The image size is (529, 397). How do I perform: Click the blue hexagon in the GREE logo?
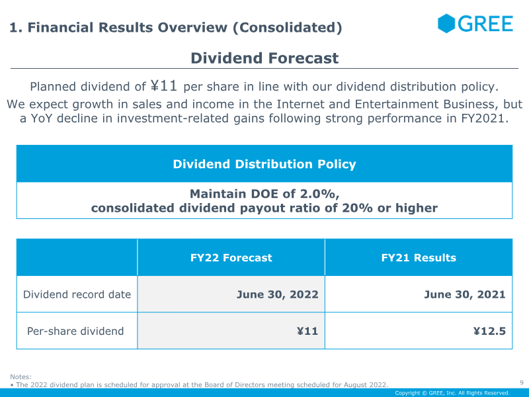click(x=446, y=23)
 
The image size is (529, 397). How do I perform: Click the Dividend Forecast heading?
click(x=264, y=58)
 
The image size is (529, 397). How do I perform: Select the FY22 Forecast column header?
click(x=231, y=257)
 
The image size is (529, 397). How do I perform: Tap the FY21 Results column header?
click(x=419, y=257)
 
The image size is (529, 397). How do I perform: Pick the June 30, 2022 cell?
click(x=277, y=294)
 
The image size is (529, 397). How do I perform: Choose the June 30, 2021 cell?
click(x=465, y=294)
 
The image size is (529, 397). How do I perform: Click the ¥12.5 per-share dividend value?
click(x=489, y=331)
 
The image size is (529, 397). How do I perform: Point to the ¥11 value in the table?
click(x=307, y=331)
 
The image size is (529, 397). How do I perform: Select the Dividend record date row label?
click(x=77, y=294)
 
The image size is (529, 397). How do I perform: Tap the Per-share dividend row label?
click(x=75, y=331)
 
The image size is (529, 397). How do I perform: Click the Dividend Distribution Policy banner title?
click(x=264, y=164)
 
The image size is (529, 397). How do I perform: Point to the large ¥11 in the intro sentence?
click(x=163, y=85)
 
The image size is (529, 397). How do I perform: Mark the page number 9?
click(x=522, y=382)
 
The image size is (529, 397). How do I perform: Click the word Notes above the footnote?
click(x=21, y=376)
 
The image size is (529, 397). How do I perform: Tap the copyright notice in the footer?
click(x=452, y=393)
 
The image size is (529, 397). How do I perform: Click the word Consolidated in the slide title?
click(x=287, y=27)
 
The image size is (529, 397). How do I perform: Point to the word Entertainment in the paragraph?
click(x=397, y=105)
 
